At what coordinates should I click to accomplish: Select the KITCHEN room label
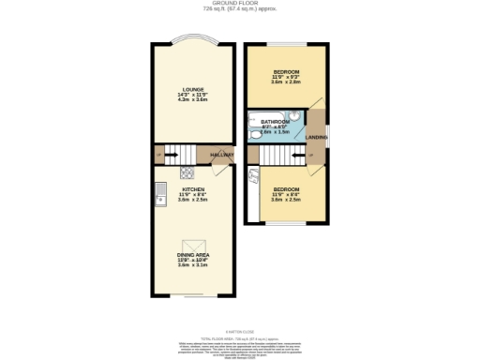193,188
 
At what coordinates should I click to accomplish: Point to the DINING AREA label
193,254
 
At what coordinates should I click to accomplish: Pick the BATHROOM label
276,122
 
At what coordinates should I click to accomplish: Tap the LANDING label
317,137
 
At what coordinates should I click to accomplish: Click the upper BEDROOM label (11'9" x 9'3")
286,71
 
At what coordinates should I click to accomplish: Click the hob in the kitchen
187,172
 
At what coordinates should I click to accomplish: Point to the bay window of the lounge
193,40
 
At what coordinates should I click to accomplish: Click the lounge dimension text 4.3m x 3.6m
193,99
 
